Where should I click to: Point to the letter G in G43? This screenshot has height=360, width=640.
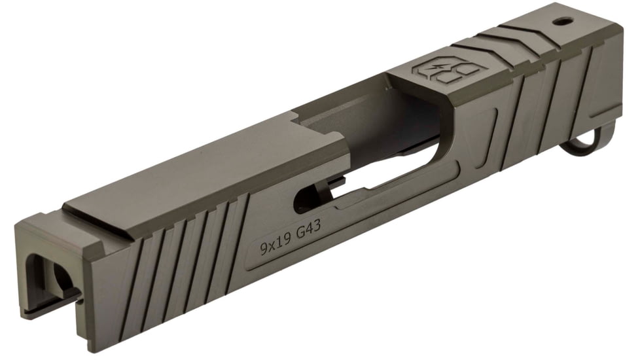[x=300, y=234]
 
